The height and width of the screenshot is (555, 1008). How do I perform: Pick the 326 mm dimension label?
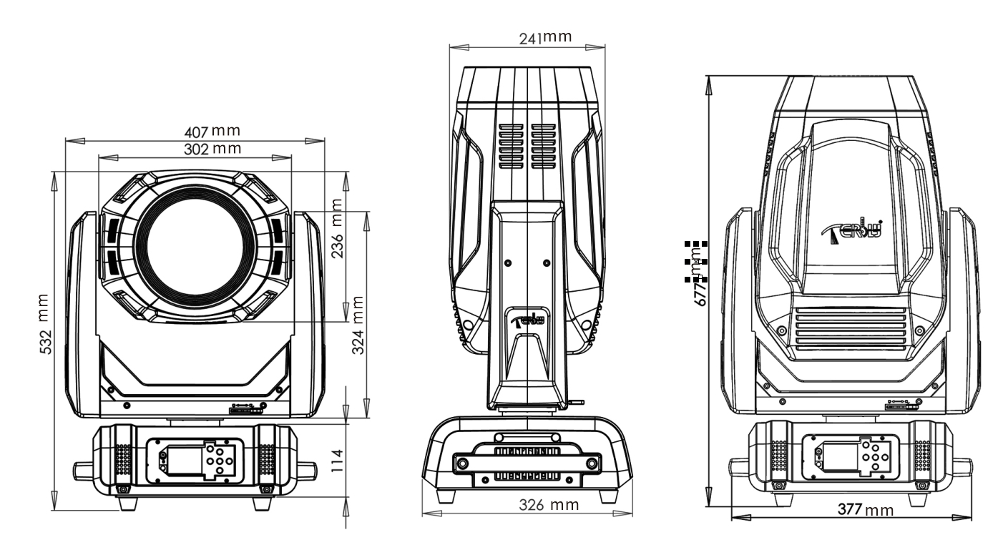click(549, 506)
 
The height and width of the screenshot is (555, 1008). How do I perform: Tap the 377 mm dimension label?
click(865, 510)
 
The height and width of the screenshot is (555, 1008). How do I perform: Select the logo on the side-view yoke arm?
click(529, 318)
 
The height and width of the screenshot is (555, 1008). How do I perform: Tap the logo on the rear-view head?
click(856, 232)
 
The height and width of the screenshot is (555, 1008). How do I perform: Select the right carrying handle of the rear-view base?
click(961, 466)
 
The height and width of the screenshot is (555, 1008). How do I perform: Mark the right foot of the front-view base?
click(263, 502)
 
